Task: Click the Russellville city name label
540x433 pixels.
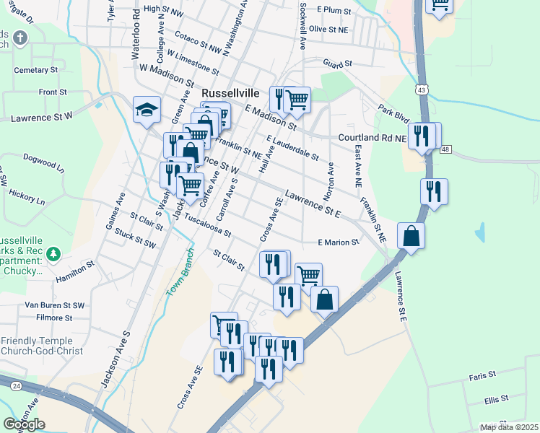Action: pos(233,93)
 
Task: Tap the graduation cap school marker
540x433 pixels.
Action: pos(147,110)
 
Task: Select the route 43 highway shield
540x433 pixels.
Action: pos(420,89)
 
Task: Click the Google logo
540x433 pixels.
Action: pos(25,424)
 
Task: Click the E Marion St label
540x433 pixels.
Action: pos(339,242)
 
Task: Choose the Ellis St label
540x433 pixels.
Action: pos(497,398)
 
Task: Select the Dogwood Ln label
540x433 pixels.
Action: pos(44,159)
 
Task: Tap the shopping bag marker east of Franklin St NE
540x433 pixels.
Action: pos(411,236)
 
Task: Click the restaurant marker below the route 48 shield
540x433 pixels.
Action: pos(434,191)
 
